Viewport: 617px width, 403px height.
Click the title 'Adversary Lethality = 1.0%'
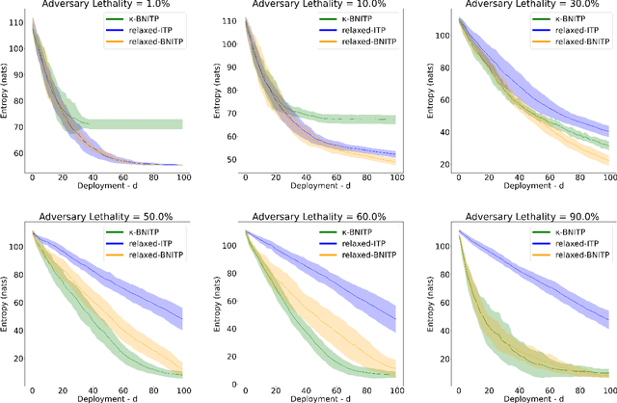coord(113,5)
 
